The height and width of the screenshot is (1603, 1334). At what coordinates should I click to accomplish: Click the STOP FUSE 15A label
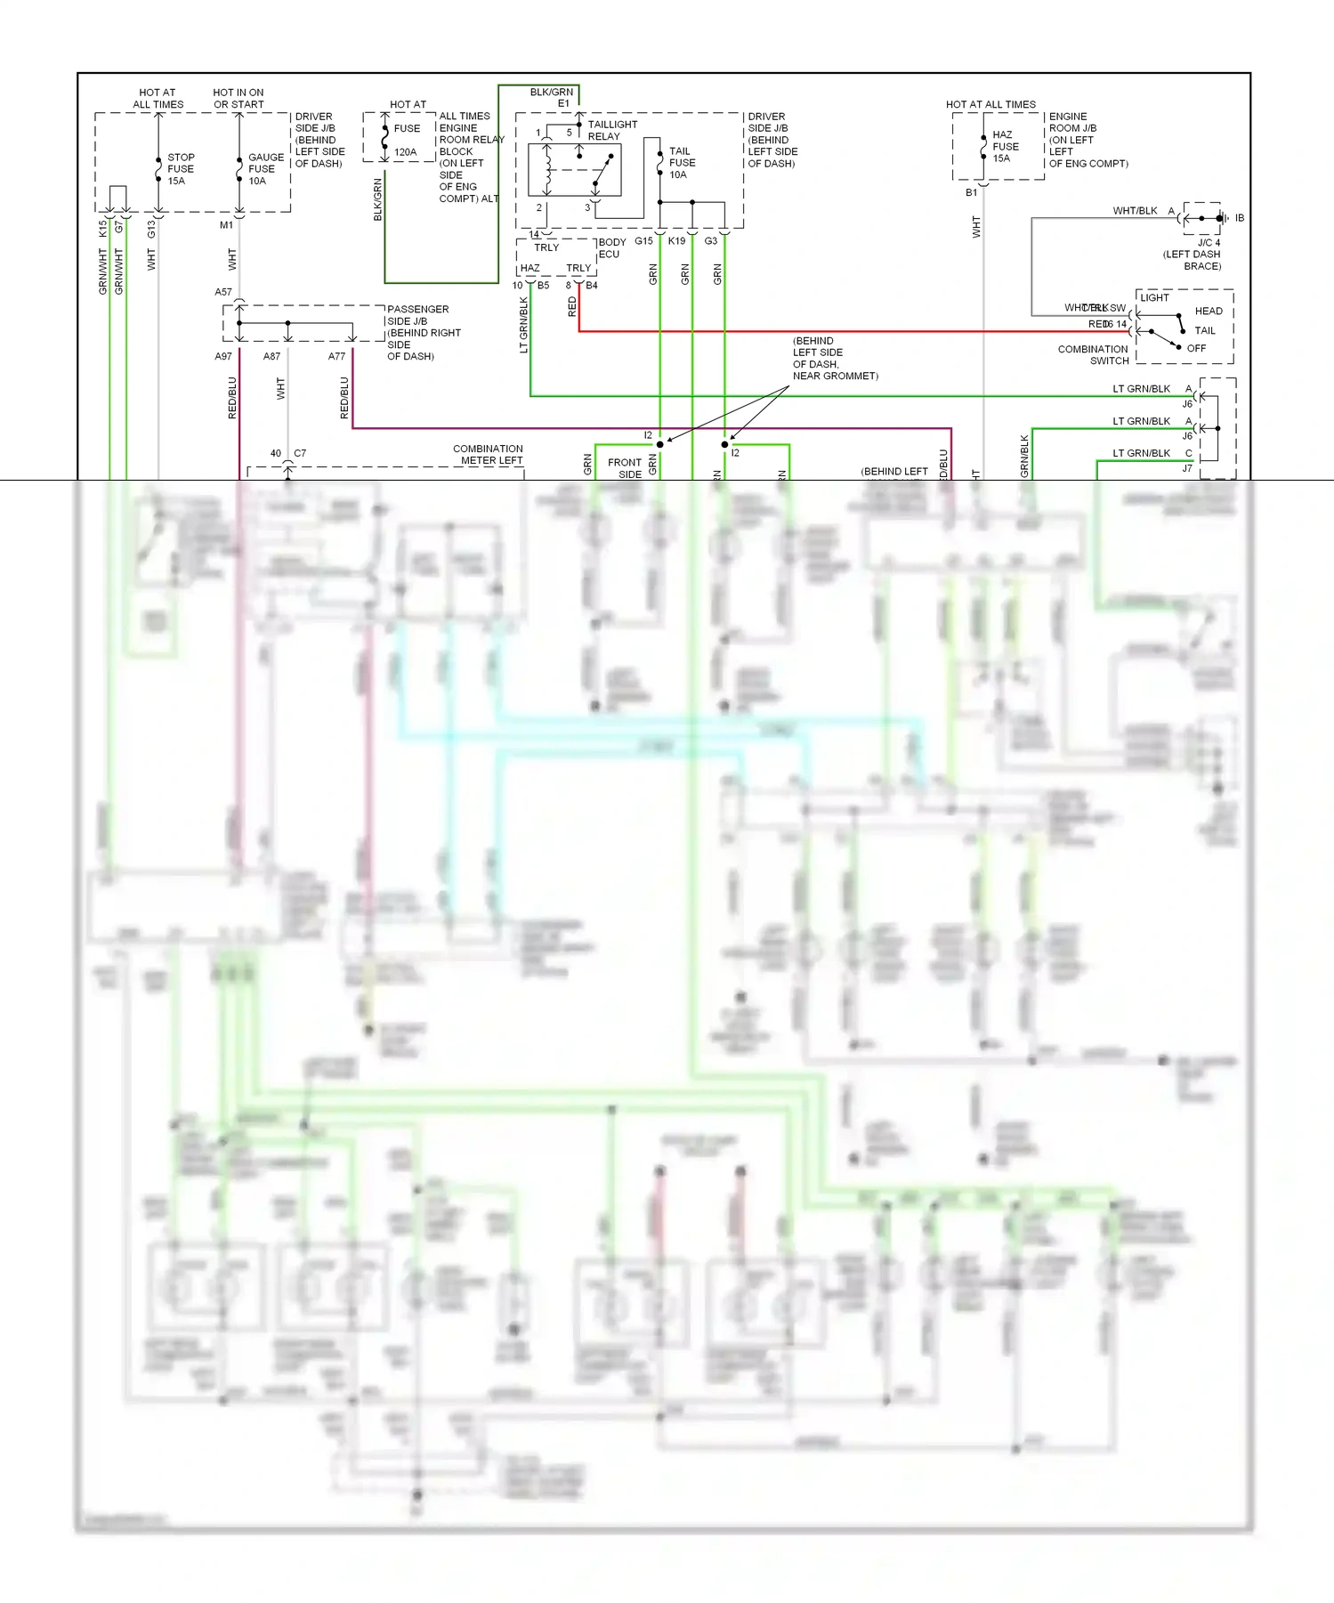click(181, 169)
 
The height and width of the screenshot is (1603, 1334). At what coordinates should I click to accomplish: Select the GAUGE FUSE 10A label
click(265, 169)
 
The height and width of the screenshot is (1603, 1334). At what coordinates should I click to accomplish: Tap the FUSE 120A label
click(407, 141)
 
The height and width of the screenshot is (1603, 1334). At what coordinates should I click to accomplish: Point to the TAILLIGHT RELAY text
click(611, 130)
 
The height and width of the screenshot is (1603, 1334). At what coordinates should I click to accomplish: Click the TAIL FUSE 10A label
click(682, 163)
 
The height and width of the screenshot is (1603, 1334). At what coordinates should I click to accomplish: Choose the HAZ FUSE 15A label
click(1005, 147)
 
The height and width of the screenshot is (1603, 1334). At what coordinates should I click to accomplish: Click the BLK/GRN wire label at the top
click(551, 92)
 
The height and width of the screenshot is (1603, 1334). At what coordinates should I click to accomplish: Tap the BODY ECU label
click(611, 247)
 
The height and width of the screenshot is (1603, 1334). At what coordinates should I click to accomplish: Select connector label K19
click(676, 241)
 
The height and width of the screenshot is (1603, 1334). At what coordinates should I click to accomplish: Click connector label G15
click(643, 241)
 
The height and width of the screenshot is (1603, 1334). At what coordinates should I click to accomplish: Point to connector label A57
click(222, 292)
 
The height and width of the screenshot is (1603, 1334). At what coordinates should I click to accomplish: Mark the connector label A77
click(336, 356)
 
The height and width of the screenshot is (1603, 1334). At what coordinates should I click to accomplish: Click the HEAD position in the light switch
click(1208, 311)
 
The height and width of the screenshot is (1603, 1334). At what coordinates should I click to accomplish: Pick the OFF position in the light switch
click(1196, 348)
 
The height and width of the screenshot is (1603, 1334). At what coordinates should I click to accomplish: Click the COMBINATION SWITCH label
click(1093, 355)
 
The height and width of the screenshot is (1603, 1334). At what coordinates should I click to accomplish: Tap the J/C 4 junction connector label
click(1208, 242)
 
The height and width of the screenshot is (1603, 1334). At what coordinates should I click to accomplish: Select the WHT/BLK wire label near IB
click(1135, 211)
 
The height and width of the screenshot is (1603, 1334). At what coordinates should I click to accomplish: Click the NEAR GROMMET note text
click(835, 376)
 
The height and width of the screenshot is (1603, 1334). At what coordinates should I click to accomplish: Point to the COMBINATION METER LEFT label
click(488, 455)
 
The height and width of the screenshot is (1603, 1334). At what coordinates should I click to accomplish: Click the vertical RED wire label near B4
click(571, 307)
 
